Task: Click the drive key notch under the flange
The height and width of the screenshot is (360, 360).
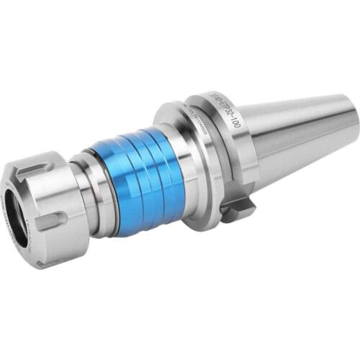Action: (238, 209)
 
